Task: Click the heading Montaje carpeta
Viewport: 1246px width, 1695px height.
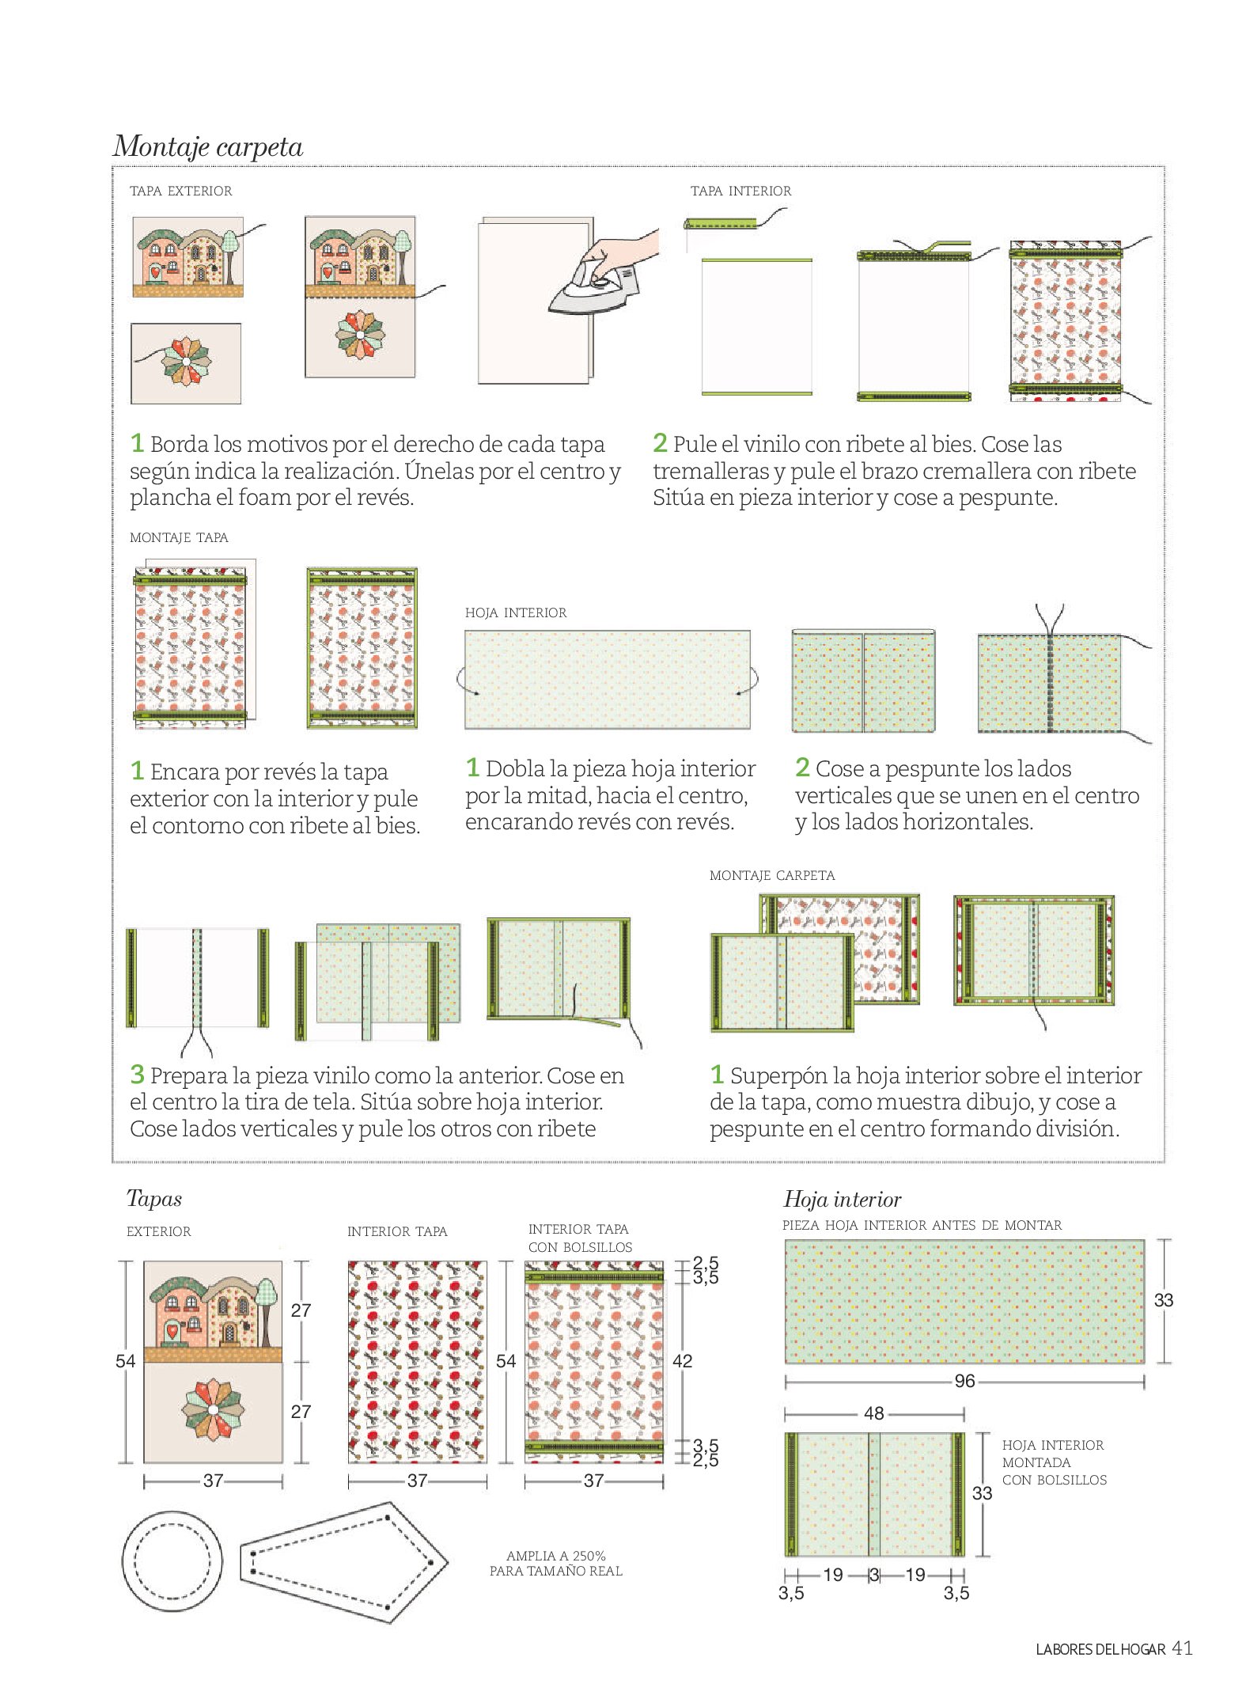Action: coord(208,146)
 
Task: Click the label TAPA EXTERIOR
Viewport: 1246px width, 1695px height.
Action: coord(181,191)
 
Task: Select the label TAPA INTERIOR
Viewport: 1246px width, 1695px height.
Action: coord(740,191)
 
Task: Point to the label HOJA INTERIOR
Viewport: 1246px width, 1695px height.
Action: coord(516,612)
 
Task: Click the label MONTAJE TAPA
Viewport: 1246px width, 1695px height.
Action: coord(179,537)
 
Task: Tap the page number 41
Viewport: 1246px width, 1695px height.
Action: coord(1182,1648)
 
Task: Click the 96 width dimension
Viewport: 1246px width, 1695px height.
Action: coord(964,1381)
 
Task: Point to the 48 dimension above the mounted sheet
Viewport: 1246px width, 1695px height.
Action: coord(873,1413)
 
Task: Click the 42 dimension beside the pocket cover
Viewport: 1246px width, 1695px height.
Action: coord(682,1361)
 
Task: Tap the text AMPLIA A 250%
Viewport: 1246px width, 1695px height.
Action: coord(556,1556)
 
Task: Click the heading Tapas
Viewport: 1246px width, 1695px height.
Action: coord(154,1199)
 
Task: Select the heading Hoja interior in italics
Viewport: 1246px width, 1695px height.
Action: coord(842,1200)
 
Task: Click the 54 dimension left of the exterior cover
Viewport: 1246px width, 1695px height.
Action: coord(125,1361)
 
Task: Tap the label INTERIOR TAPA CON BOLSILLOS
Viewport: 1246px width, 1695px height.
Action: coord(580,1238)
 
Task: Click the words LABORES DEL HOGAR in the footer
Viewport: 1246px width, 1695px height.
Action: coord(1100,1649)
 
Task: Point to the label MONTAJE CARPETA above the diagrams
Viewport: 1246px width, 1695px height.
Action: coord(772,875)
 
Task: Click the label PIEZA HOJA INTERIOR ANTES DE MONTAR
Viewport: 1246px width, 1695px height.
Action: coord(922,1225)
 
